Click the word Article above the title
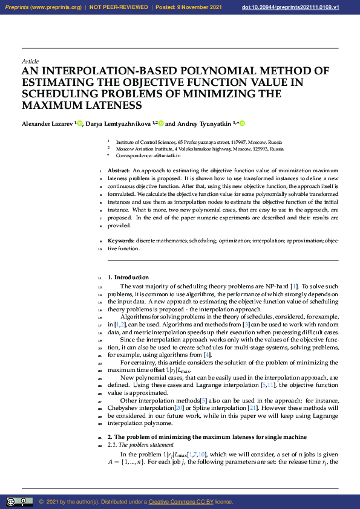click(30, 61)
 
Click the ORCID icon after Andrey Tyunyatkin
click(243, 123)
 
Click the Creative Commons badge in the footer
click(19, 501)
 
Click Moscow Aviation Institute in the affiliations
click(144, 148)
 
